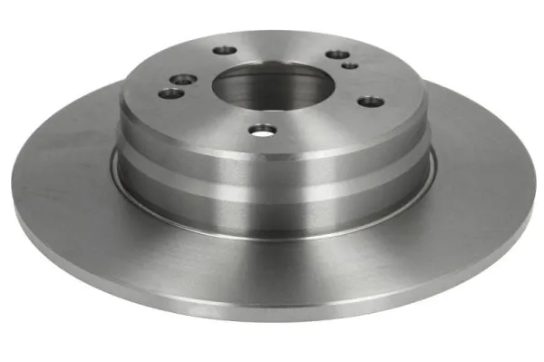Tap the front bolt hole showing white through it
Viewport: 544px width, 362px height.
262,132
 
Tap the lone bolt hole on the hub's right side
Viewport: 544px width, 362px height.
367,101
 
